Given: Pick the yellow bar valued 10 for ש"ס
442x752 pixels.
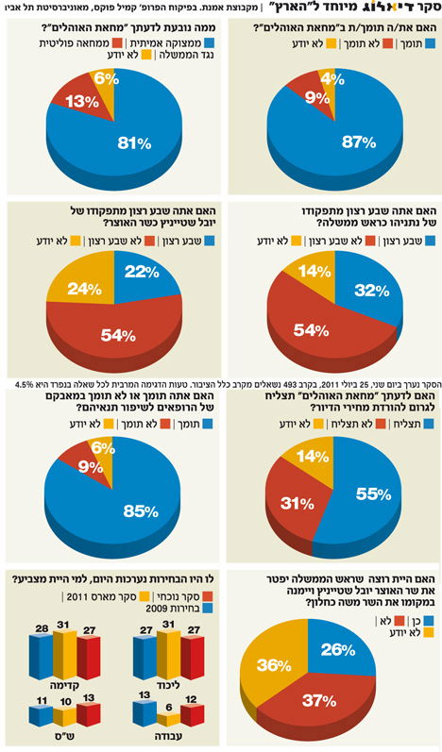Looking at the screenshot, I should [x=64, y=714].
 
